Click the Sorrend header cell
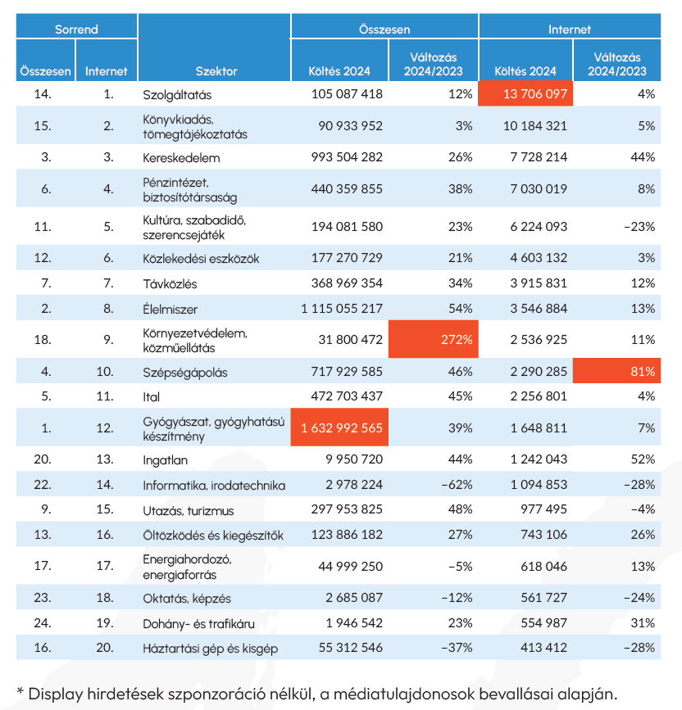click(76, 29)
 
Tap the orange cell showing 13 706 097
click(525, 94)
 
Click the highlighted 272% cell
click(433, 340)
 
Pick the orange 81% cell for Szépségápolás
click(621, 373)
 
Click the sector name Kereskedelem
click(181, 157)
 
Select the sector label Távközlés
click(170, 283)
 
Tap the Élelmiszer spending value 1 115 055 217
click(341, 310)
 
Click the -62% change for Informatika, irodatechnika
click(455, 485)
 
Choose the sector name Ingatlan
click(165, 460)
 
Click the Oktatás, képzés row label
click(186, 598)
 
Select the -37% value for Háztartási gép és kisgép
click(455, 648)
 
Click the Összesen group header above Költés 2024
click(384, 29)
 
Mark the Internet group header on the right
click(569, 29)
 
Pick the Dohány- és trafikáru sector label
click(198, 623)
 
